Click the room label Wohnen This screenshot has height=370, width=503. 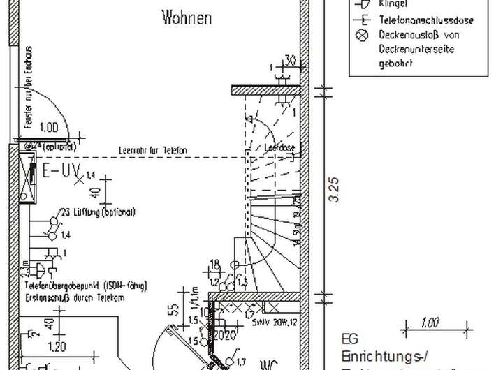187,17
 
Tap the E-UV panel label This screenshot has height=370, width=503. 61,171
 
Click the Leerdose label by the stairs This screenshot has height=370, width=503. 279,147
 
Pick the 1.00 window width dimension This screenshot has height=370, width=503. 50,128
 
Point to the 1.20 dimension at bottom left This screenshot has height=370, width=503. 58,346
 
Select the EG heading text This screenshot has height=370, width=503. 349,339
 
